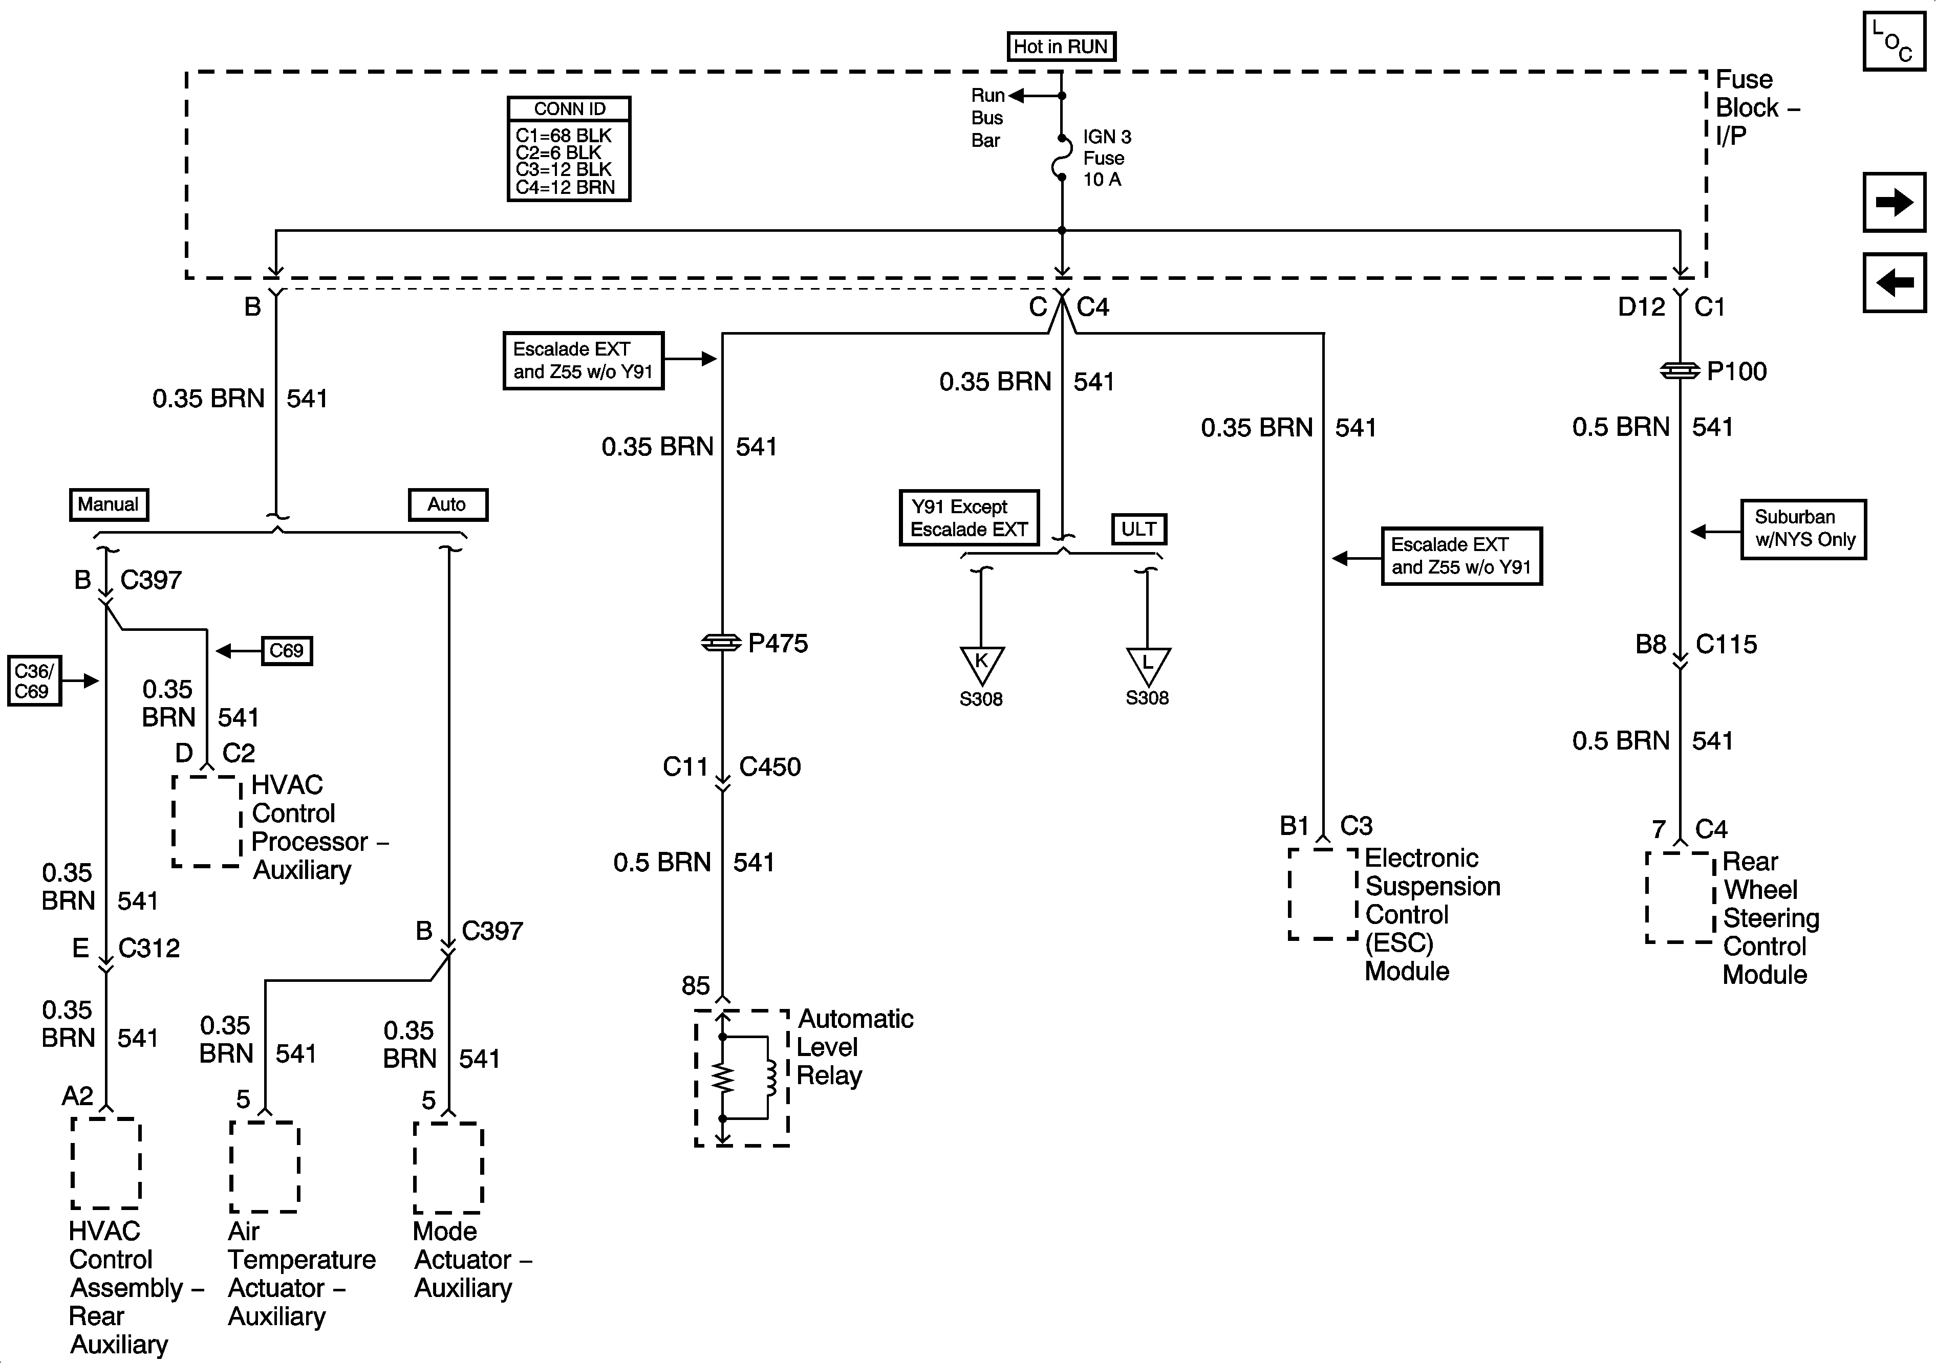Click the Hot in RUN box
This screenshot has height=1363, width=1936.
(x=1061, y=47)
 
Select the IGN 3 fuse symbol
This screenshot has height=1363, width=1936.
(x=1062, y=159)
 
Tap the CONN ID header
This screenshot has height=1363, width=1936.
(x=569, y=109)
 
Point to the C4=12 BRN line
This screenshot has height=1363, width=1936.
(x=565, y=187)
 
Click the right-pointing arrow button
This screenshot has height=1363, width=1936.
(x=1894, y=202)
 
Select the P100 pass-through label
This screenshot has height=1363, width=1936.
(x=1736, y=372)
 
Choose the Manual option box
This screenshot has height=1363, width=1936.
(x=109, y=504)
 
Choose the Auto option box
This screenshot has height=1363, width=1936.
(x=447, y=504)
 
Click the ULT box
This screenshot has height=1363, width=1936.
(x=1138, y=529)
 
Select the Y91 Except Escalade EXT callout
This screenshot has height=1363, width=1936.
(x=969, y=518)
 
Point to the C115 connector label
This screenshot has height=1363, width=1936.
(x=1726, y=645)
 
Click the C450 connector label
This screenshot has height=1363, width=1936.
(x=770, y=767)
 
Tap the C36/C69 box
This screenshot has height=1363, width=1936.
(x=35, y=681)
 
